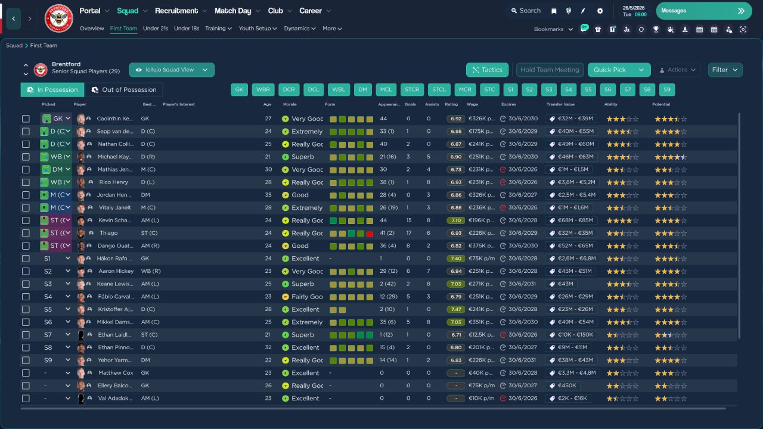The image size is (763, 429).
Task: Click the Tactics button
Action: coord(487,70)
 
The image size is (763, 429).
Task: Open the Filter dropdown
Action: coord(725,70)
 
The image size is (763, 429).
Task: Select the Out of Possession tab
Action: coord(124,90)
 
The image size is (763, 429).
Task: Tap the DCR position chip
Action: coord(289,90)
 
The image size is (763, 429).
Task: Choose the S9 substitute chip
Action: coord(667,90)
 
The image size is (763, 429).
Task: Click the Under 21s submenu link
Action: coord(156,29)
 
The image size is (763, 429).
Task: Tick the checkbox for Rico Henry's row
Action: coord(26,182)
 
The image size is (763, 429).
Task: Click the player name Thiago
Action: coord(108,233)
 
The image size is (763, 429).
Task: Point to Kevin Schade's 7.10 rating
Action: coord(456,220)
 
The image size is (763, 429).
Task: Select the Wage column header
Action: coord(472,104)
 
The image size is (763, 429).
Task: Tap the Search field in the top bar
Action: coord(525,11)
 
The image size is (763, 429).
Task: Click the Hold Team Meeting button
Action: coord(550,70)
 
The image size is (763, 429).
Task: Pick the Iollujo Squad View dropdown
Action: coord(172,70)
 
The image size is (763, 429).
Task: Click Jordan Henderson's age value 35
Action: coord(267,195)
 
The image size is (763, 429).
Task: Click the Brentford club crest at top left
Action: coord(58,18)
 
